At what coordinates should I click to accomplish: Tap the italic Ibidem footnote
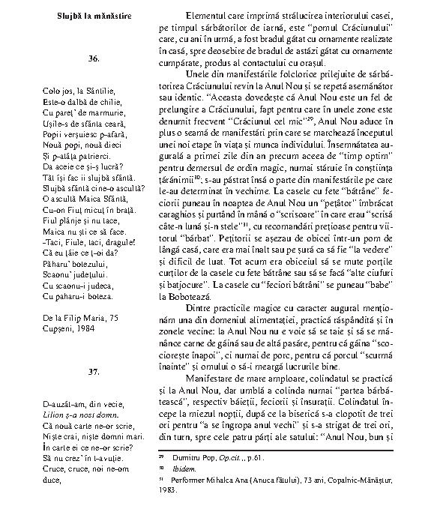pos(182,469)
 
